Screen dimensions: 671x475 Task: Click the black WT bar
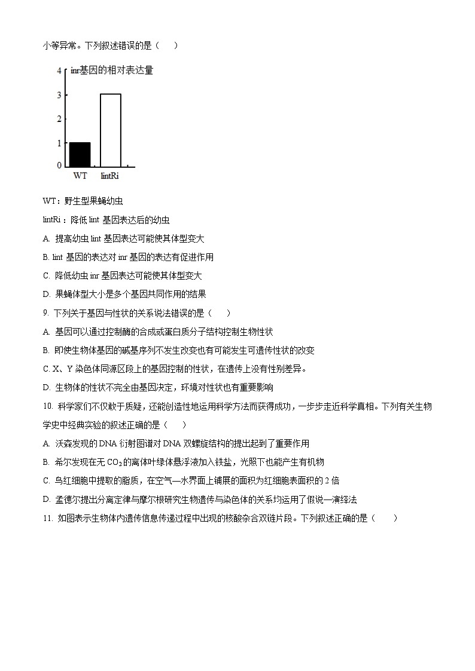point(80,154)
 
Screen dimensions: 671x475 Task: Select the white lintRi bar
point(110,130)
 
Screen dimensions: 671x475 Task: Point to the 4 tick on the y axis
point(59,71)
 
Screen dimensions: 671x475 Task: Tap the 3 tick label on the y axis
point(59,95)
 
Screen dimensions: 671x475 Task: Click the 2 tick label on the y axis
point(59,119)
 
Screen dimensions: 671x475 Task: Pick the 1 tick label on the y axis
point(59,143)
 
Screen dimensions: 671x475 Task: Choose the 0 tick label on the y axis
point(59,165)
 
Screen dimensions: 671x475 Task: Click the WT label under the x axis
point(80,176)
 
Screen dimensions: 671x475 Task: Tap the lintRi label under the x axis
point(110,176)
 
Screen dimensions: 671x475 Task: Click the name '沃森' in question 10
point(63,443)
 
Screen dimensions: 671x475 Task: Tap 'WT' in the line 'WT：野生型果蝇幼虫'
point(49,201)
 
